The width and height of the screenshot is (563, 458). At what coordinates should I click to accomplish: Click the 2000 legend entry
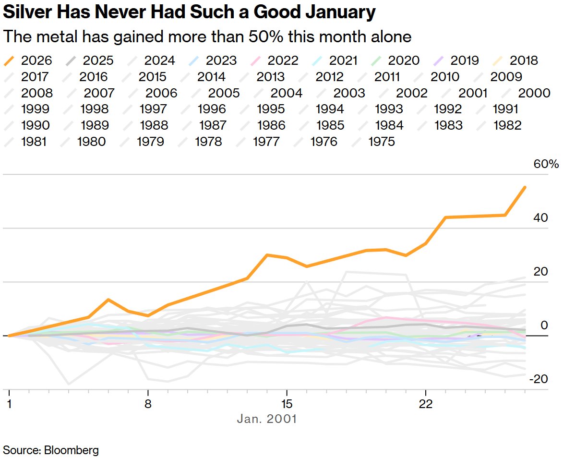[x=527, y=93]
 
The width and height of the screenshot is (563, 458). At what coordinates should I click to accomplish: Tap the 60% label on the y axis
[x=546, y=164]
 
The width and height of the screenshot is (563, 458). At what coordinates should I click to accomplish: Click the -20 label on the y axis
[x=539, y=379]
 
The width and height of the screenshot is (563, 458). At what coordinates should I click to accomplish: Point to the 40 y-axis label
[x=541, y=218]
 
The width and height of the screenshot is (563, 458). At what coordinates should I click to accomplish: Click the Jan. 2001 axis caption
[x=267, y=419]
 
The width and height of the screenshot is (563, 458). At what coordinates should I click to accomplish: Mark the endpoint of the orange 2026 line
[x=525, y=187]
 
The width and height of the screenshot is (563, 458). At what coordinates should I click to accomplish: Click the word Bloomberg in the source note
[x=72, y=450]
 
